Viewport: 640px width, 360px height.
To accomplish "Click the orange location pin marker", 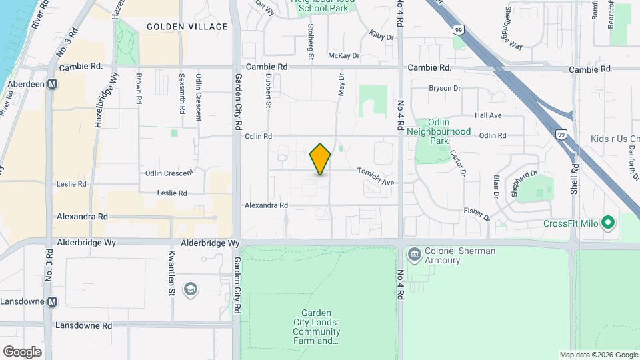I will (x=321, y=159).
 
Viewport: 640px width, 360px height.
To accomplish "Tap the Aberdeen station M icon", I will (x=51, y=84).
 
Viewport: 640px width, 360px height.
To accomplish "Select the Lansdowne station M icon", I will (x=53, y=302).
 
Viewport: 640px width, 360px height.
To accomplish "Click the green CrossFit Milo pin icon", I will (x=607, y=223).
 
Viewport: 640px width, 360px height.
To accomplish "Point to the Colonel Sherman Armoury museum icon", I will (x=414, y=253).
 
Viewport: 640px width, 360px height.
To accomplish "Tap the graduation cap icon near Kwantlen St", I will (x=191, y=288).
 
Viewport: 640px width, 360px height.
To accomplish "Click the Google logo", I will (x=22, y=352).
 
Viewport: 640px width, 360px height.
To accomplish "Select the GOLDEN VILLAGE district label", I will (x=187, y=27).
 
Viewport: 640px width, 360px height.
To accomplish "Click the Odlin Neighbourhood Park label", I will (x=441, y=127).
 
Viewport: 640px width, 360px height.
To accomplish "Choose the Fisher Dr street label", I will (x=477, y=213).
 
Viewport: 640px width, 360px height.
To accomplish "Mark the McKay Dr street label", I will (x=344, y=56).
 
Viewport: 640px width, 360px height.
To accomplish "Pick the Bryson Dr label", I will (x=445, y=88).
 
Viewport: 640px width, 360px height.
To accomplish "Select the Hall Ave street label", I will (x=488, y=115).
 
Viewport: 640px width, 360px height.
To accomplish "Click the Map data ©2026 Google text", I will (x=598, y=355).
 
